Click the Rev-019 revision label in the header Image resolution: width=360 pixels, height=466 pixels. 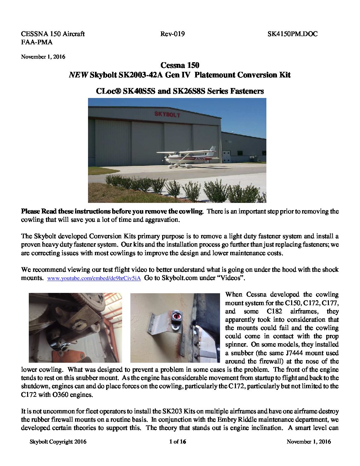pyautogui.click(x=172, y=34)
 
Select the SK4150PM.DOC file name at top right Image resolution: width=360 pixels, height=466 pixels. pyautogui.click(x=292, y=34)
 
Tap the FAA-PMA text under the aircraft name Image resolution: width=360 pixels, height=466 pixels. pyautogui.click(x=37, y=42)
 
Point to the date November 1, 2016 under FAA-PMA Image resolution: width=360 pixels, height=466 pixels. pyautogui.click(x=43, y=57)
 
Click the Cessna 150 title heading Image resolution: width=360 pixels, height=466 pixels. pyautogui.click(x=180, y=65)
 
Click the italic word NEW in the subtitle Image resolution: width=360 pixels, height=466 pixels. pyautogui.click(x=78, y=75)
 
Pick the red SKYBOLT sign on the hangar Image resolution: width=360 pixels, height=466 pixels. pyautogui.click(x=167, y=115)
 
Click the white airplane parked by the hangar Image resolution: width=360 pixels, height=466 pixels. pyautogui.click(x=185, y=158)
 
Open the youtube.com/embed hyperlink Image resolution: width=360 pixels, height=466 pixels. pyautogui.click(x=94, y=278)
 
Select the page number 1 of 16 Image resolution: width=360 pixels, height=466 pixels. pyautogui.click(x=178, y=442)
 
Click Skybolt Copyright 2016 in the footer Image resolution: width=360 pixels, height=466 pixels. pyautogui.click(x=58, y=442)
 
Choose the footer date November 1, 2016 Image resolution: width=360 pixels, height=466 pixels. pyautogui.click(x=308, y=442)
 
